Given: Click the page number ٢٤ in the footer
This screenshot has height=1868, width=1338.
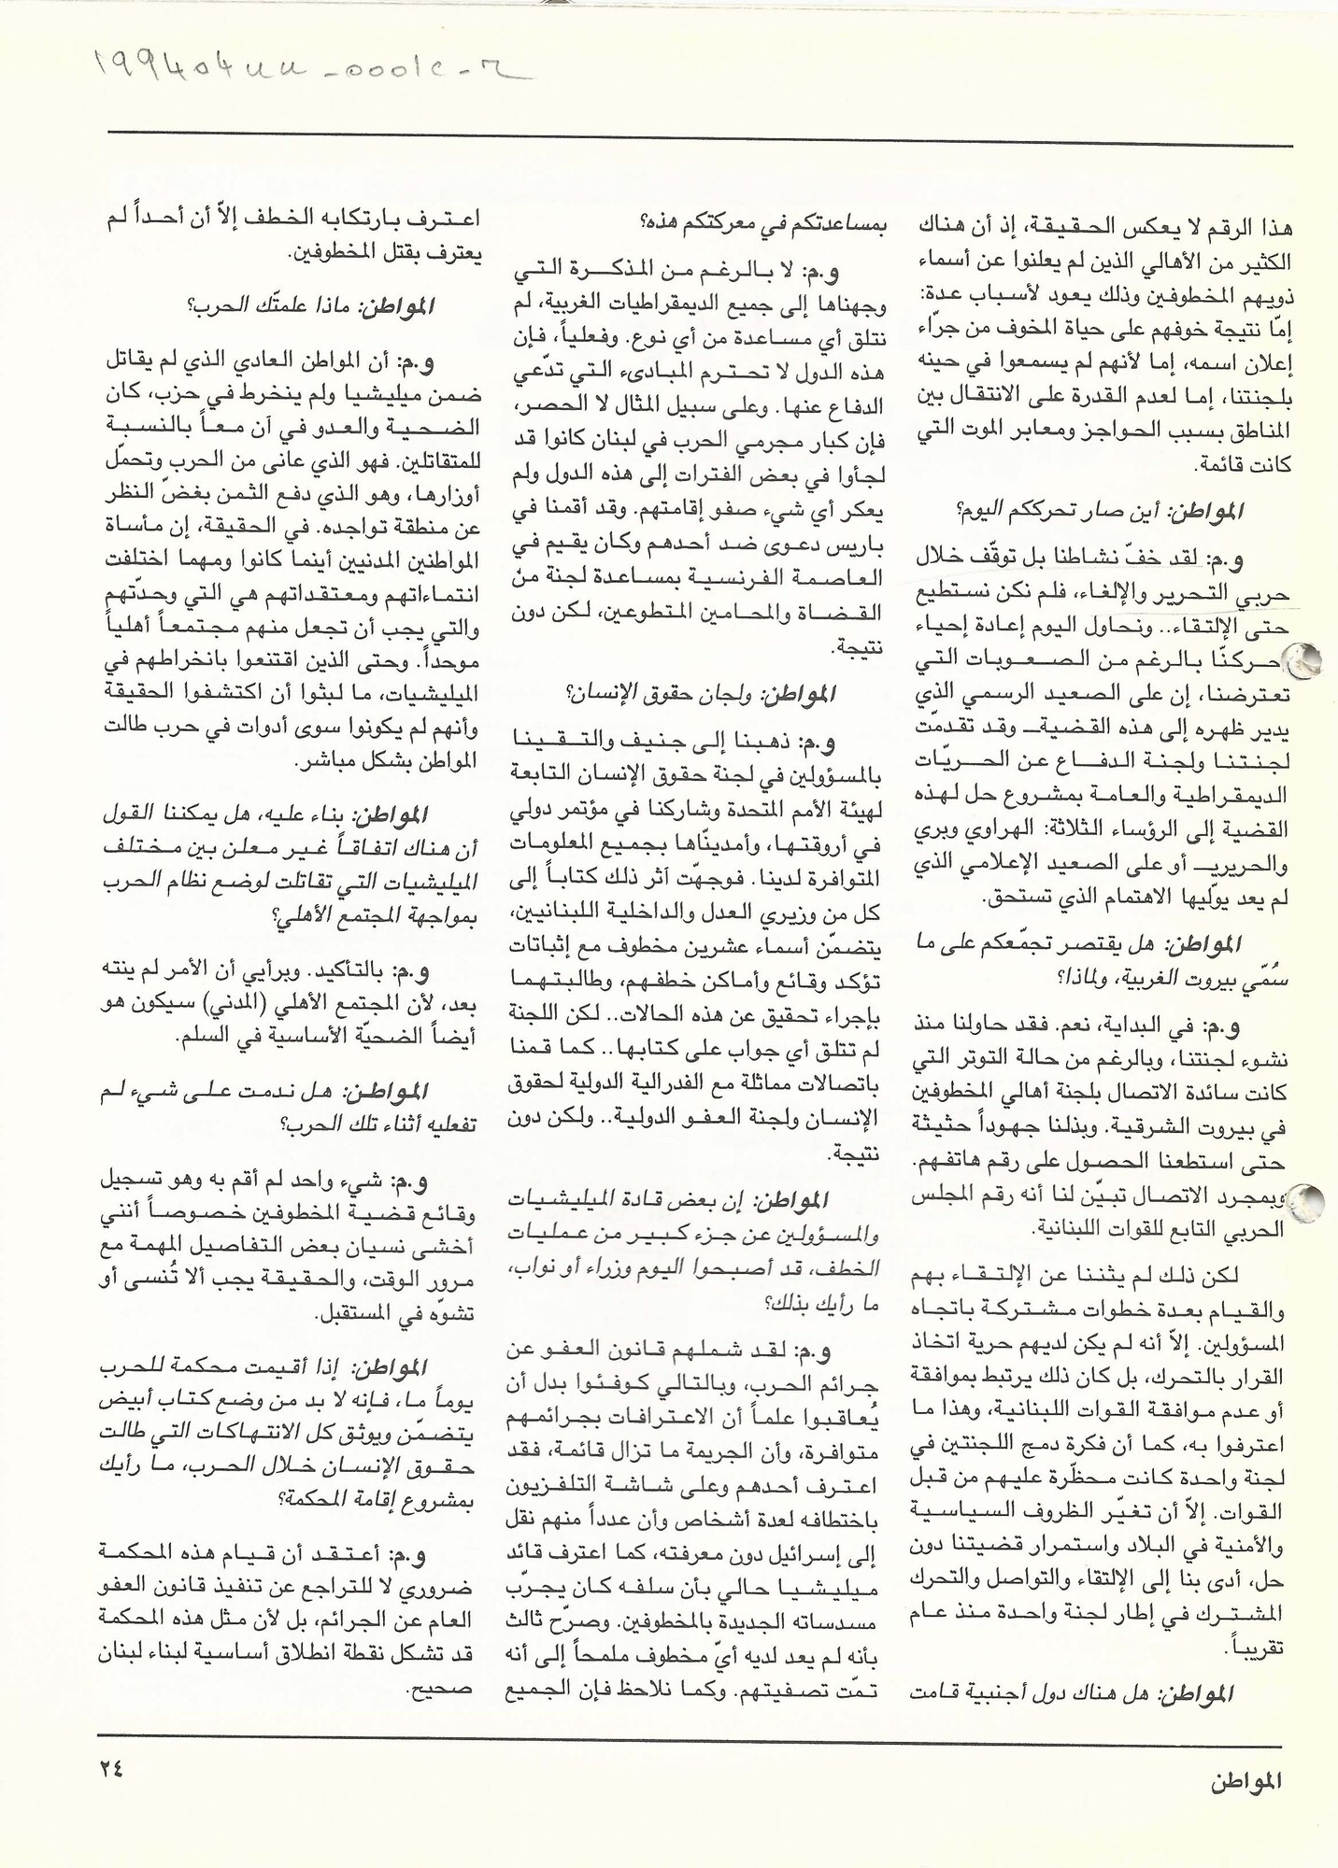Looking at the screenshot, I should click(x=110, y=1768).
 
